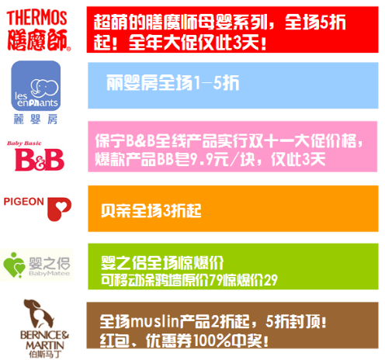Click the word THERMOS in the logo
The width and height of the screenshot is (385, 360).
click(37, 18)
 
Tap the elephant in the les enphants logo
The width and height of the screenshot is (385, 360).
click(44, 87)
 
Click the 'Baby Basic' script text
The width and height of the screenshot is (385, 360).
click(24, 143)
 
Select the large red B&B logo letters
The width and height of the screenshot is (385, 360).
click(40, 160)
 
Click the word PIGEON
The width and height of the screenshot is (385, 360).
click(23, 202)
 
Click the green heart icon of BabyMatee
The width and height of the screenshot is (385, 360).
click(14, 265)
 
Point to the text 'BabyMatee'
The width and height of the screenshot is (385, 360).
click(50, 273)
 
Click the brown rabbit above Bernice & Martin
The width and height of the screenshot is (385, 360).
click(39, 313)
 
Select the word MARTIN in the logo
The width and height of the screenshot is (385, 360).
click(45, 345)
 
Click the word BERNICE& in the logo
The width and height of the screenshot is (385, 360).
click(44, 335)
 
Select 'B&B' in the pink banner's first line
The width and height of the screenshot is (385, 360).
click(140, 140)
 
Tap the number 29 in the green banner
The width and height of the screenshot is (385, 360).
click(270, 279)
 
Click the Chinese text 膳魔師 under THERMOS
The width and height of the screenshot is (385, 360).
click(38, 40)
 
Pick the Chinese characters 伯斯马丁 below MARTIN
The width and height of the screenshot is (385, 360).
click(45, 355)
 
